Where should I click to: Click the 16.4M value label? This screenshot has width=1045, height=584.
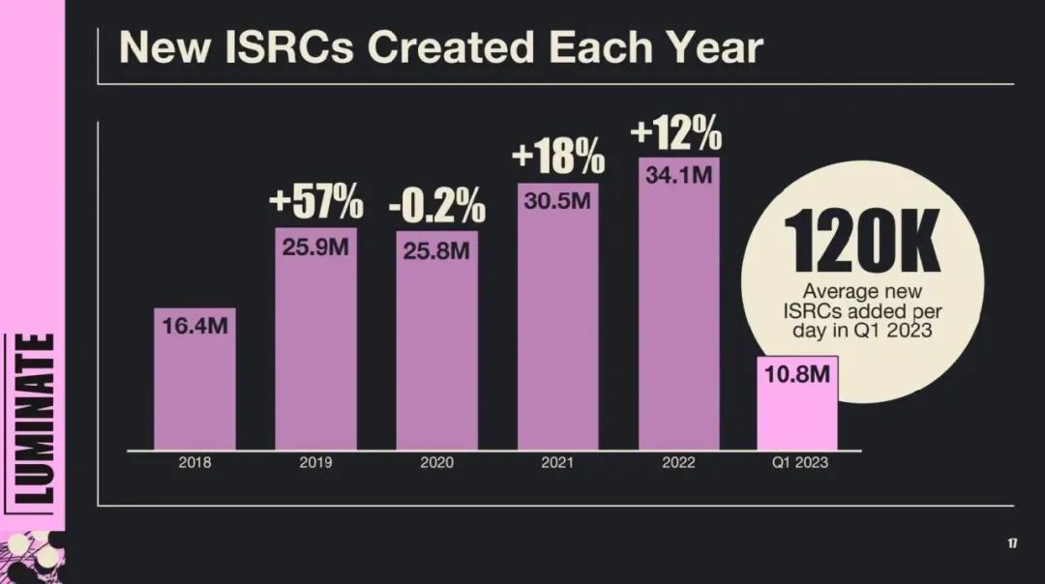pyautogui.click(x=194, y=326)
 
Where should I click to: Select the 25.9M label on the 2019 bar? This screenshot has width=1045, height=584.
pyautogui.click(x=315, y=247)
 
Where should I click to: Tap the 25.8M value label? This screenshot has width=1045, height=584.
pyautogui.click(x=436, y=251)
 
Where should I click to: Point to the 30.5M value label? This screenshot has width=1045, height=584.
pyautogui.click(x=557, y=201)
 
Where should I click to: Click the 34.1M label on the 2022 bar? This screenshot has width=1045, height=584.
pyautogui.click(x=678, y=176)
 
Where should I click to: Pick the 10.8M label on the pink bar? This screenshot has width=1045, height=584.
pyautogui.click(x=796, y=375)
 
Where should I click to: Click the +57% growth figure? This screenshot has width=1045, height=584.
pyautogui.click(x=315, y=203)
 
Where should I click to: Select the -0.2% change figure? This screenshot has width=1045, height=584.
pyautogui.click(x=436, y=205)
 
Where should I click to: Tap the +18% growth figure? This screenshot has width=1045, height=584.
pyautogui.click(x=557, y=156)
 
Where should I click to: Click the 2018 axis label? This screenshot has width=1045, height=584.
pyautogui.click(x=194, y=463)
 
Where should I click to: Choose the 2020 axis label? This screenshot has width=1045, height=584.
pyautogui.click(x=436, y=463)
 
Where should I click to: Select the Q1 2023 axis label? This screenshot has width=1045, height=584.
pyautogui.click(x=799, y=463)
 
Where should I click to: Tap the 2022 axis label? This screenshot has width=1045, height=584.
pyautogui.click(x=678, y=463)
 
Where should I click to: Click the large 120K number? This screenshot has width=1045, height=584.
pyautogui.click(x=861, y=240)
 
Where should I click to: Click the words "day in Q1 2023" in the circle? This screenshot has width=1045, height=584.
pyautogui.click(x=861, y=331)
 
